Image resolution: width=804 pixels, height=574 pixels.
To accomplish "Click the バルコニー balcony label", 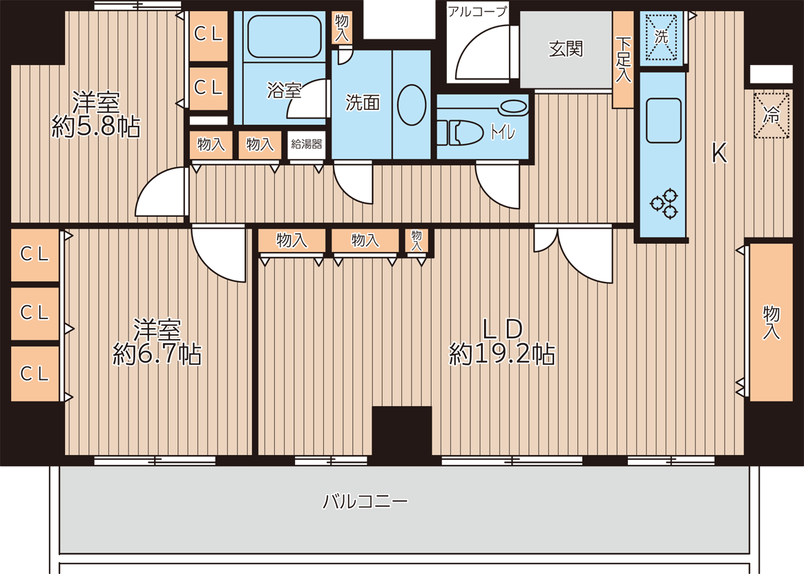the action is point(365,501).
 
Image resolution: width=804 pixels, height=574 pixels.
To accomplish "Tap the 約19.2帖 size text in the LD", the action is point(502,354).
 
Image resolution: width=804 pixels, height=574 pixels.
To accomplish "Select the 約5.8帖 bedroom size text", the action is point(96,126).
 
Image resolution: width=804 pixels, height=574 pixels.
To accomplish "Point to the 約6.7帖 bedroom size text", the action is point(157,354).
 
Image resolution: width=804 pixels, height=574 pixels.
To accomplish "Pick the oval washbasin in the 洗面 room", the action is point(411,104).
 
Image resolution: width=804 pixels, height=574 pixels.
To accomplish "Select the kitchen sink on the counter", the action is point(664,121).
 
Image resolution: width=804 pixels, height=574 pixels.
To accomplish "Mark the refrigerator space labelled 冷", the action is point(771,115).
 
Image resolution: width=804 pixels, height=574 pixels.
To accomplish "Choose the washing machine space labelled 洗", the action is point(662,38).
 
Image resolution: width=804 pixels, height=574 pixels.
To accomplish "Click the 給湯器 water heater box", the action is point(307,145).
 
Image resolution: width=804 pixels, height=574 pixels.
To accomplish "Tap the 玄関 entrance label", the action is point(566,49).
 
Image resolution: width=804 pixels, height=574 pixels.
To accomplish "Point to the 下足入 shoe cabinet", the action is point(624,59).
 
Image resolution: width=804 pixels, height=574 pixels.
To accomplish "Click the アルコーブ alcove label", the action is point(477,11).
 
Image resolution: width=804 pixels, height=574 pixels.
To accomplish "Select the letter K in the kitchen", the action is point(720,153).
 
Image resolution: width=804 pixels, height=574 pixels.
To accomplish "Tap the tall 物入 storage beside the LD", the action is point(771,322).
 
